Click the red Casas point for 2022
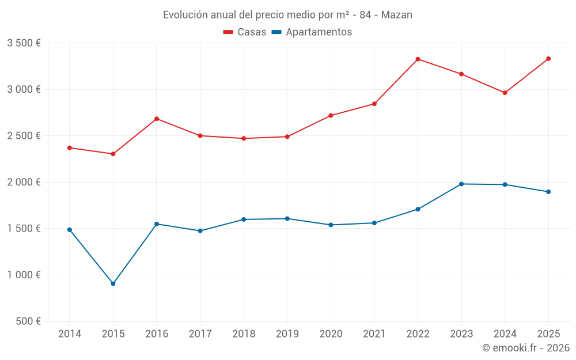click(418, 59)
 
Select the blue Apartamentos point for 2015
click(113, 284)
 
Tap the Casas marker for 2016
click(157, 119)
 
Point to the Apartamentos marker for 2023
click(461, 184)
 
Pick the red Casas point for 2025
click(548, 59)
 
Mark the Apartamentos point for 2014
click(70, 230)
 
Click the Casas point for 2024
click(505, 93)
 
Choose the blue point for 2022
click(418, 209)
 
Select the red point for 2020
click(331, 116)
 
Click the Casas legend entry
click(245, 32)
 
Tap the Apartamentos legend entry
click(312, 32)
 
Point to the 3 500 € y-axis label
click(24, 43)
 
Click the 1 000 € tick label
click(24, 275)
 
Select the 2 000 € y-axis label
click(24, 182)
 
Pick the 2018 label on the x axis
click(244, 334)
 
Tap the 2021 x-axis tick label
click(374, 334)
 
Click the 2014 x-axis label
click(70, 334)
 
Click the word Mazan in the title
click(397, 15)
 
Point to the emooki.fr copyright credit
click(526, 348)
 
